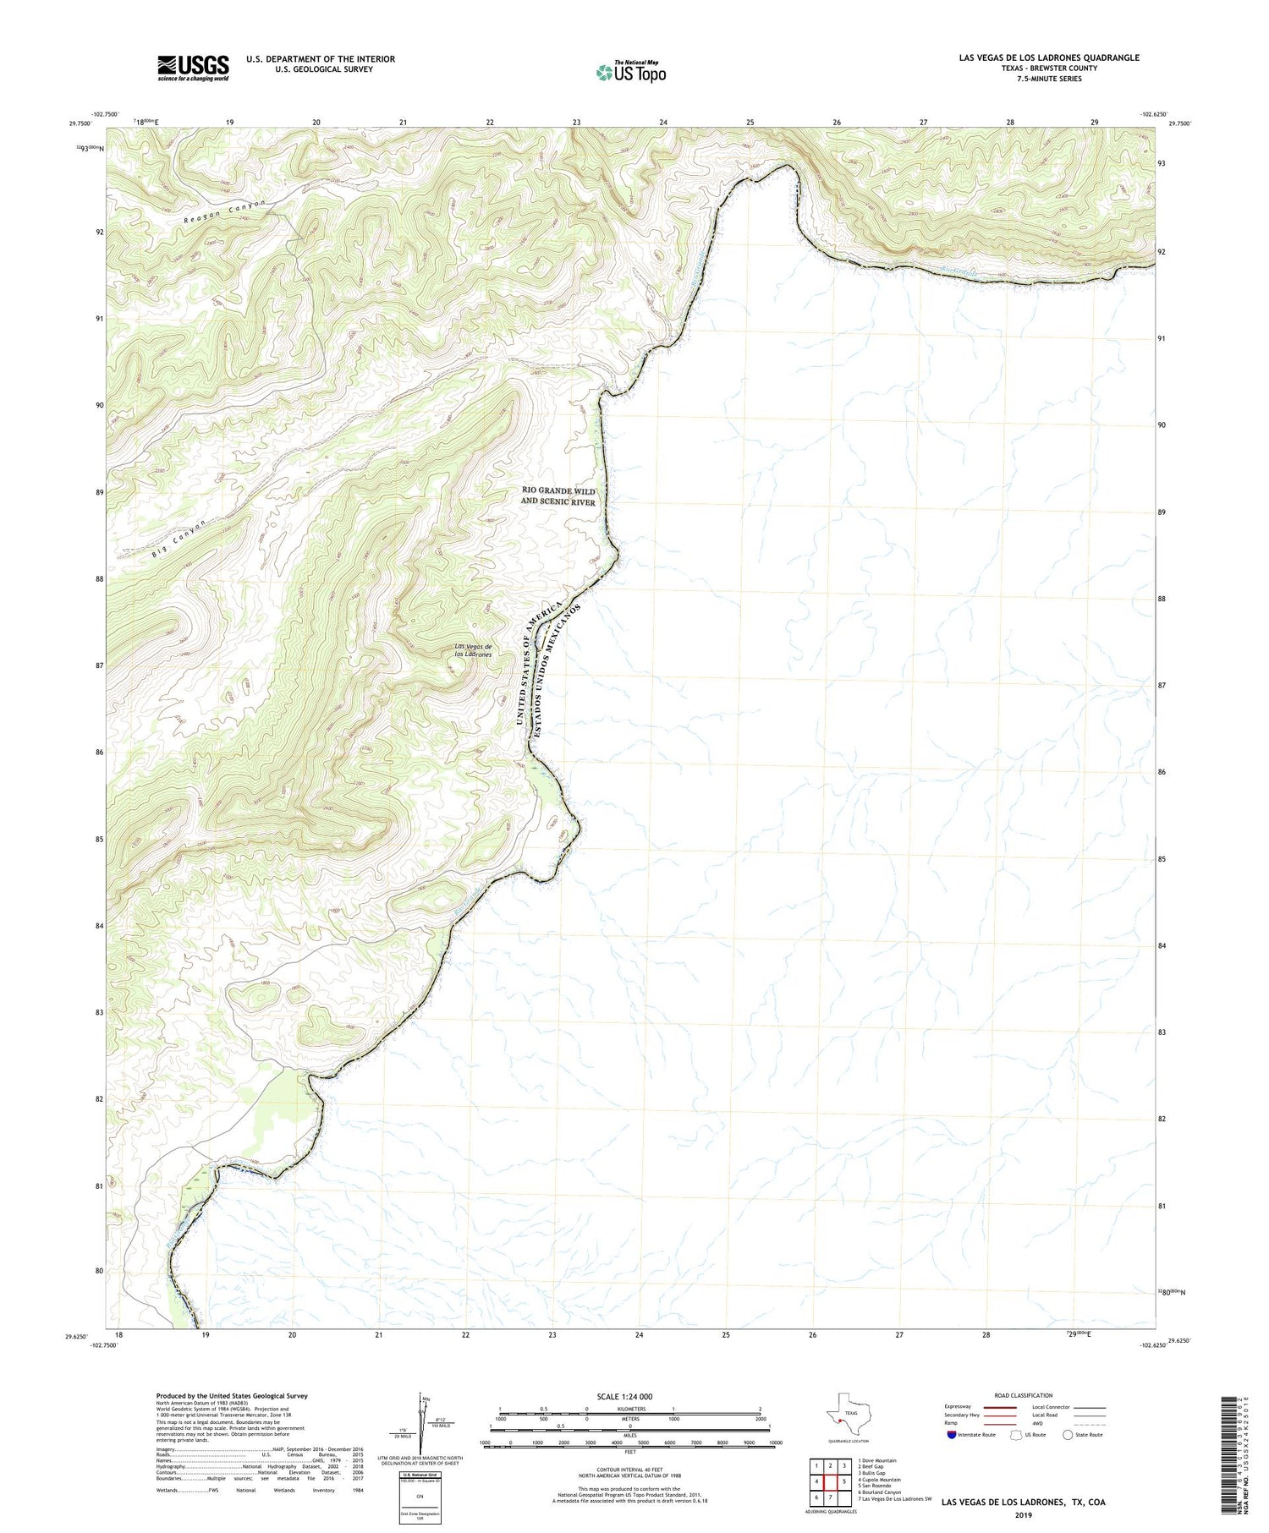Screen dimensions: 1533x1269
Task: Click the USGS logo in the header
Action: (193, 68)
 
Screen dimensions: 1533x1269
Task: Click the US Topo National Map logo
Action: (630, 72)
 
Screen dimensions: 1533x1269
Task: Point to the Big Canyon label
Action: (180, 539)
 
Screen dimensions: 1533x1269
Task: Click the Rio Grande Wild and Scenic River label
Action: (558, 496)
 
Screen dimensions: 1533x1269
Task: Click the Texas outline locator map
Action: (847, 1413)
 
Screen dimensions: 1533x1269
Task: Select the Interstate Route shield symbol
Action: (952, 1434)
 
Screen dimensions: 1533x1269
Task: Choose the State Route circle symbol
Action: (1068, 1434)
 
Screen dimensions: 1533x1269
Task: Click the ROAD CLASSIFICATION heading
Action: (1023, 1395)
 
